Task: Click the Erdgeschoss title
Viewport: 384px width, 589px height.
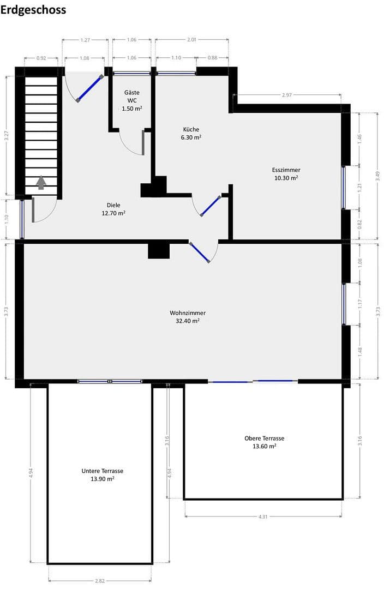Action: (33, 10)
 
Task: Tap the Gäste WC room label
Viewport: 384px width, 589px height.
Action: (131, 101)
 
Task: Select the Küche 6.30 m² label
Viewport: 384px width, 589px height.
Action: (191, 134)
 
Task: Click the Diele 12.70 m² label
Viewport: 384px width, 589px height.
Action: (113, 209)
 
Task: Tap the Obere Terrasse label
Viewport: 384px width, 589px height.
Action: (264, 442)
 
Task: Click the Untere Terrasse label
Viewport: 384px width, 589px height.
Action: (102, 474)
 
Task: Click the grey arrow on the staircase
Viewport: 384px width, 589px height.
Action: (41, 183)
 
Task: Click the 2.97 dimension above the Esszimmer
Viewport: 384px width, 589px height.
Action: (287, 95)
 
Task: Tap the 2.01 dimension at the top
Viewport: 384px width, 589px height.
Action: (191, 40)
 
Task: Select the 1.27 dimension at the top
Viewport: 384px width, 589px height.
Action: (86, 40)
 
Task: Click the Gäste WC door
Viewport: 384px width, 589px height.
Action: (143, 142)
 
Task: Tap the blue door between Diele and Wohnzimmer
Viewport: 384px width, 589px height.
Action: (200, 253)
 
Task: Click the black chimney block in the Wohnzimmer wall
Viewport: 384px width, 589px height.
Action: (159, 250)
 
